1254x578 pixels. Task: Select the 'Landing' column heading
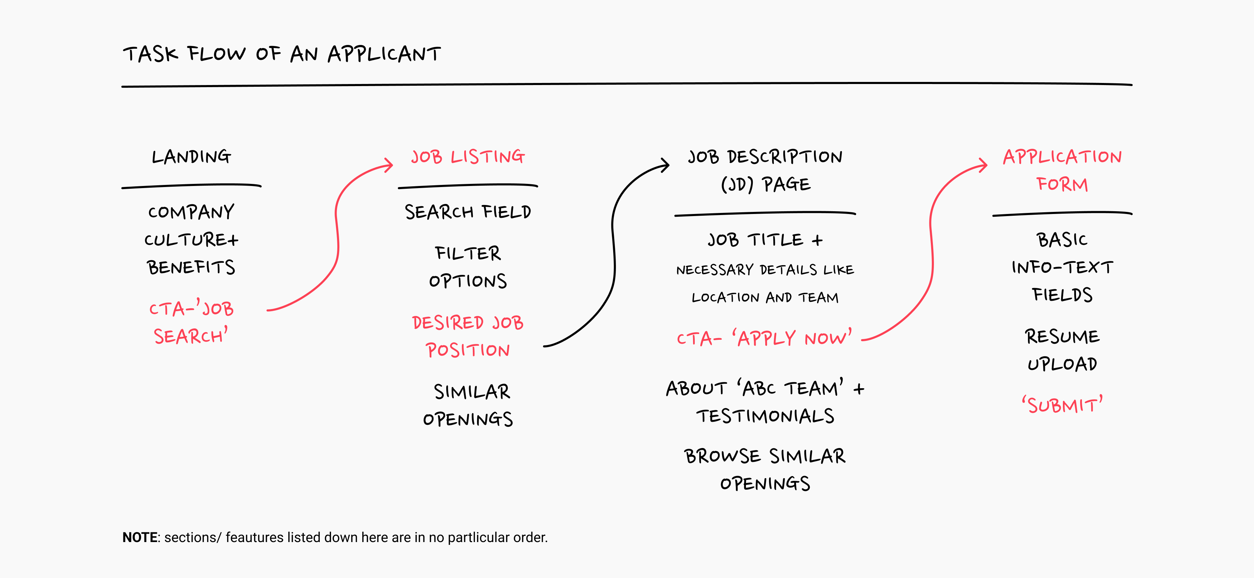[x=191, y=157]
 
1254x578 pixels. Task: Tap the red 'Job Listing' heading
[x=468, y=157]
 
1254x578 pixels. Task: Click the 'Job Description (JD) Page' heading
[x=765, y=170]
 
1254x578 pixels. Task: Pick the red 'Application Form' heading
[x=1062, y=170]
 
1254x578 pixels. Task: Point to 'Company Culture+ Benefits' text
[x=191, y=240]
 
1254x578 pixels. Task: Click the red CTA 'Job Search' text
[x=191, y=322]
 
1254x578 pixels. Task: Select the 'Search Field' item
[x=468, y=212]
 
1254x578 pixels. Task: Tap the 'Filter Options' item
[x=468, y=267]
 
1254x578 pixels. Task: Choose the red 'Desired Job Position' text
[x=468, y=336]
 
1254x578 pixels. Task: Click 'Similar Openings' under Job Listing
[x=468, y=405]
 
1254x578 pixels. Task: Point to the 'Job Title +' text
[x=765, y=240]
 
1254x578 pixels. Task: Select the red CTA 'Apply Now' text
[x=764, y=338]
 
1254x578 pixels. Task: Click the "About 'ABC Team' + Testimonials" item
[x=765, y=402]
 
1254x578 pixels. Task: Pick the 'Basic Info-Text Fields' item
[x=1062, y=267]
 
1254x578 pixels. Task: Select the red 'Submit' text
[x=1062, y=405]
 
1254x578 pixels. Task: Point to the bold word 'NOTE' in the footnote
[x=140, y=538]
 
